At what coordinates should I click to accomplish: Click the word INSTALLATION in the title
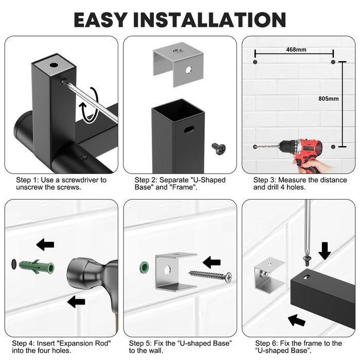tap(209, 20)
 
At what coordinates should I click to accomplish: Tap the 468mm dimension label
tap(296, 49)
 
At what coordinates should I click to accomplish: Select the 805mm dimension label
tap(328, 99)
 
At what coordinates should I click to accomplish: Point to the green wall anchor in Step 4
tap(37, 267)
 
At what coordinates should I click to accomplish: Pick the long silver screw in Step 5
tap(210, 276)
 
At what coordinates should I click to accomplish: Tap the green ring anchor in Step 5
tap(144, 267)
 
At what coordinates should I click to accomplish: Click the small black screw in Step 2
tap(219, 149)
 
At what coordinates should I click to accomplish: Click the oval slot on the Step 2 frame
tap(189, 130)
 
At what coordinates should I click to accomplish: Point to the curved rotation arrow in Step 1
tap(89, 105)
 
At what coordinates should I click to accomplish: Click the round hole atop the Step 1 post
tap(53, 65)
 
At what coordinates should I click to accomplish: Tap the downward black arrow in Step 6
tap(325, 251)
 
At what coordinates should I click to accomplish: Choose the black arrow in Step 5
tap(212, 262)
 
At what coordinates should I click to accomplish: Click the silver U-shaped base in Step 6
tap(269, 275)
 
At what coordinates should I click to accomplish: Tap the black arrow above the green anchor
tap(45, 244)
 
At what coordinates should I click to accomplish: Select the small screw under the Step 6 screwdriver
tap(307, 261)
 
